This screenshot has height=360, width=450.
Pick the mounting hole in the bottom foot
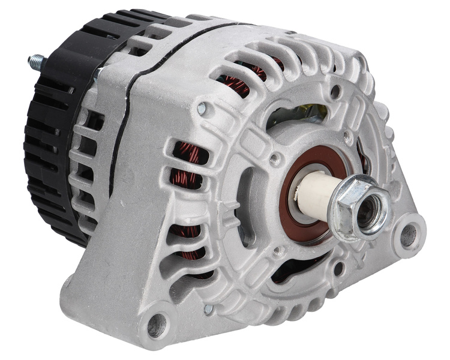coord(157,324)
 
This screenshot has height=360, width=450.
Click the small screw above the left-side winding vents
coord(202,109)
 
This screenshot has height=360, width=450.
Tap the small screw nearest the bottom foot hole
coord(208,309)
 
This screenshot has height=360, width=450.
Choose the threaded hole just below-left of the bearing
coord(277,252)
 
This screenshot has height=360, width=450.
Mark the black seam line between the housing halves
coord(120,120)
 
